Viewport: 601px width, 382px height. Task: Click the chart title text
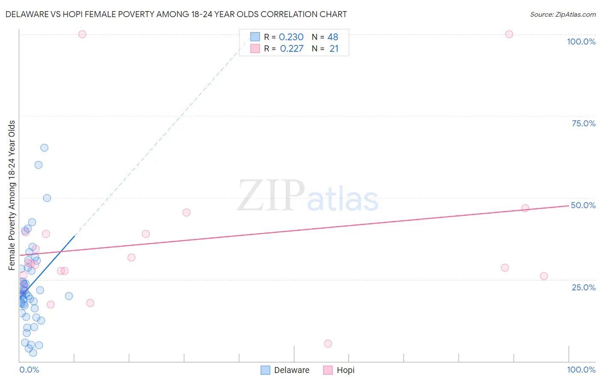pos(176,14)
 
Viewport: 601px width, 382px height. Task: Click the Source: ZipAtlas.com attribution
pos(563,14)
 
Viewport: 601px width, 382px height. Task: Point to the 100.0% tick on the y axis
pos(581,42)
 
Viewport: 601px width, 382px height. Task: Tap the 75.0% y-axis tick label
pos(583,123)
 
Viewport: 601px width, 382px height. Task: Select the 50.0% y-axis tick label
pos(583,205)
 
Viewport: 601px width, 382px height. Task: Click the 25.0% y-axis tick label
pos(583,287)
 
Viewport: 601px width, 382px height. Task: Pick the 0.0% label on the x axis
pos(29,370)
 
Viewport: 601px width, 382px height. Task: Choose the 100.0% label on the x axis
pos(581,370)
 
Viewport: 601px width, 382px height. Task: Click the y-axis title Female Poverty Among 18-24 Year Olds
pos(12,195)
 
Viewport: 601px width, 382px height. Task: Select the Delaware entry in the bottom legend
pos(292,370)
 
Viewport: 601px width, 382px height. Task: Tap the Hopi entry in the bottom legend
pos(345,370)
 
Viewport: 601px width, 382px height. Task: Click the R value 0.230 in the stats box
pos(291,37)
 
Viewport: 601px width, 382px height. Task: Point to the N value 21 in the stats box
pos(334,49)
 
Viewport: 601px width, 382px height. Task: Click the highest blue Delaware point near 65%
pos(44,148)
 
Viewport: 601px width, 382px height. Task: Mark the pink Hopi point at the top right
pos(509,34)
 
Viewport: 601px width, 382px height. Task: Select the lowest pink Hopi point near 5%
pos(328,343)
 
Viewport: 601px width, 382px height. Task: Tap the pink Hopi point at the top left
pos(82,34)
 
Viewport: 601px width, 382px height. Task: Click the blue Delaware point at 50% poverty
pos(47,198)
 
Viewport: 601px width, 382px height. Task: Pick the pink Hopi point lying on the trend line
pos(525,208)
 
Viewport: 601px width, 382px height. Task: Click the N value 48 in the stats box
pos(333,37)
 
